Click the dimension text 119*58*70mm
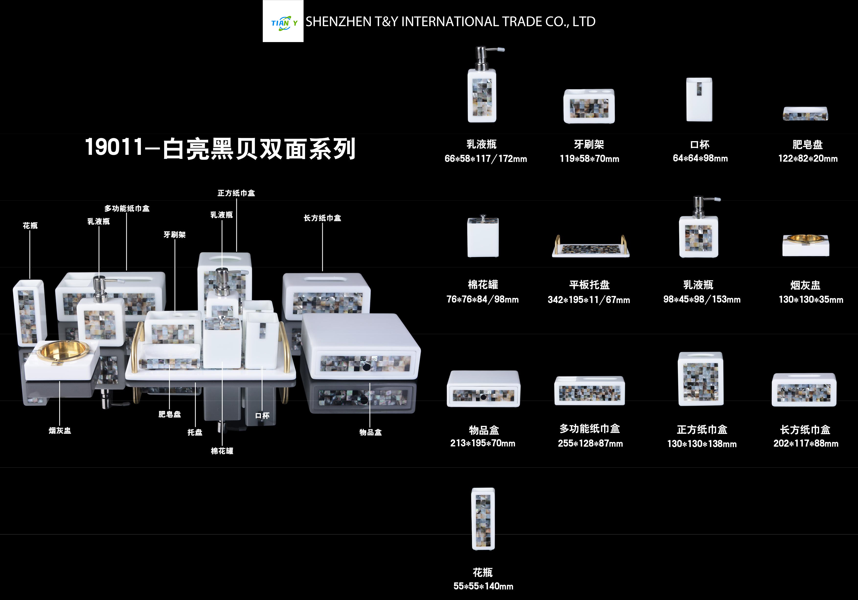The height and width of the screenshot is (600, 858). click(x=589, y=159)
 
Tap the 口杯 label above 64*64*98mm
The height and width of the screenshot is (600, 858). click(x=699, y=145)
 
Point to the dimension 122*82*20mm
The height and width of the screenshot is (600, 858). click(x=808, y=158)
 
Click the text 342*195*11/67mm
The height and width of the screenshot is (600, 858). click(x=589, y=300)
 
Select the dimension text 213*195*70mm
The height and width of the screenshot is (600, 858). click(x=483, y=443)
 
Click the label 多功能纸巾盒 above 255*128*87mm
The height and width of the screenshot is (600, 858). click(x=590, y=429)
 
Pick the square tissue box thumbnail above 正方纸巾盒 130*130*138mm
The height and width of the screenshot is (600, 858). click(x=701, y=379)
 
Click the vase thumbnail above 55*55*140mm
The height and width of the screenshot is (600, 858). click(x=483, y=519)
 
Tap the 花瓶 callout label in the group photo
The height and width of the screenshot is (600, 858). click(x=30, y=226)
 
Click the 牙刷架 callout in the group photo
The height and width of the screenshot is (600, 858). click(x=174, y=235)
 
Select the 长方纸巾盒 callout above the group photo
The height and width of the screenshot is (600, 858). click(x=322, y=218)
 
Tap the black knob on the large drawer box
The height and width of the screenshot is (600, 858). click(x=366, y=367)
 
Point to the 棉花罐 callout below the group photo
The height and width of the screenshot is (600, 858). click(x=222, y=451)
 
